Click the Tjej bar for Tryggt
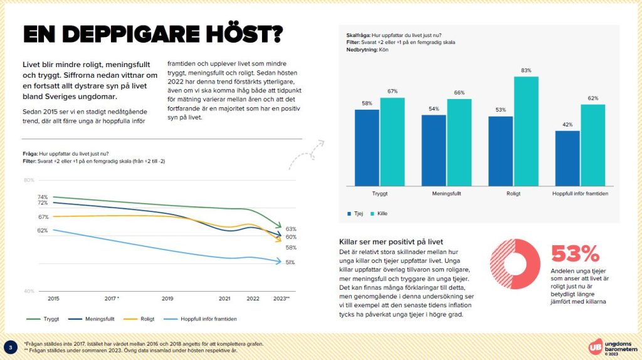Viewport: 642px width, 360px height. (367, 147)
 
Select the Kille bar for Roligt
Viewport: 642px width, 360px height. (525, 131)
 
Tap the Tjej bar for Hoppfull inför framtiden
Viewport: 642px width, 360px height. (567, 158)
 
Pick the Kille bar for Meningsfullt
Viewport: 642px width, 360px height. (459, 142)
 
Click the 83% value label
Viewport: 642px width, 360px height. (525, 71)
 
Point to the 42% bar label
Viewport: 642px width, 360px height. (567, 125)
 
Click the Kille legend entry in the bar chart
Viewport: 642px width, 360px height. (379, 214)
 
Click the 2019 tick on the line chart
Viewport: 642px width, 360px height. (167, 299)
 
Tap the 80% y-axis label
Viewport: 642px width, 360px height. (29, 181)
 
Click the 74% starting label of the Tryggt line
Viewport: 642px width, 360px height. (43, 197)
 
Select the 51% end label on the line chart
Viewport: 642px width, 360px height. (290, 262)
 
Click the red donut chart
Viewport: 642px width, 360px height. (515, 265)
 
